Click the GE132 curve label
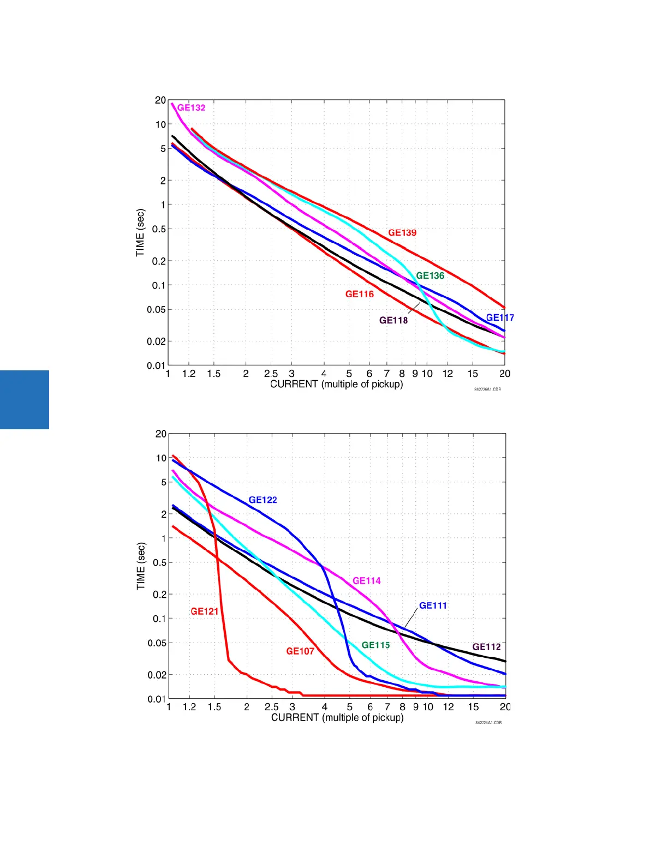coord(192,107)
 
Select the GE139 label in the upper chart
coord(402,232)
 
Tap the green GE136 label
coord(430,275)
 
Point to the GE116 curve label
coord(360,294)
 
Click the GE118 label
coord(393,320)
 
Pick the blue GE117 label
coord(500,317)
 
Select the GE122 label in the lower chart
coord(263,500)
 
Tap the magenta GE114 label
coord(367,580)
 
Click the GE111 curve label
coord(433,605)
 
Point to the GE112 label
coord(486,646)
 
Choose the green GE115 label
coord(376,645)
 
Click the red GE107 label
coord(300,651)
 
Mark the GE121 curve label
coord(205,611)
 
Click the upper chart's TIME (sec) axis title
coord(141,232)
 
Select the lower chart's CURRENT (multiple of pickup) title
coord(337,717)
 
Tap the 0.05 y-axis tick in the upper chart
coord(156,309)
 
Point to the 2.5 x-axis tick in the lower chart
coord(271,707)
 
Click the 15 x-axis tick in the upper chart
coord(473,374)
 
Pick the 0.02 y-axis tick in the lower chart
coord(157,675)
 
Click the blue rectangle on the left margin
coord(25,400)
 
